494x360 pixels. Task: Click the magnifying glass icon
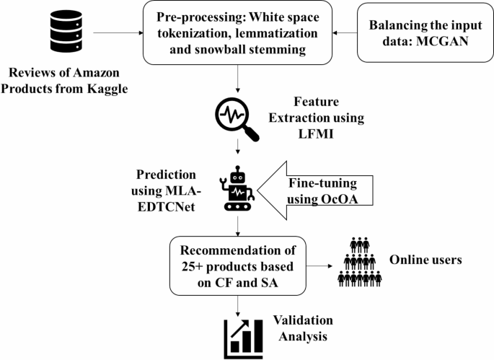[238, 118]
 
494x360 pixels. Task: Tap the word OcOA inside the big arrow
[340, 197]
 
